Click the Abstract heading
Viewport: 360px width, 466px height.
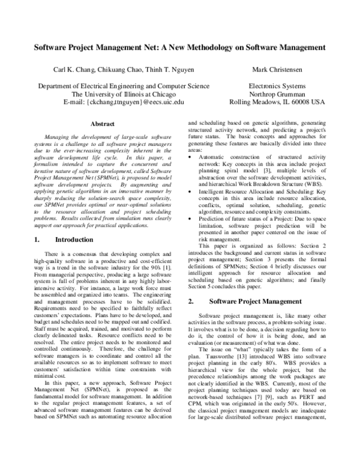coord(101,124)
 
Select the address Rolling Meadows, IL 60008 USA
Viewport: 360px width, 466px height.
coord(277,103)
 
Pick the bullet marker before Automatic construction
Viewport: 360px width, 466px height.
coord(191,156)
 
